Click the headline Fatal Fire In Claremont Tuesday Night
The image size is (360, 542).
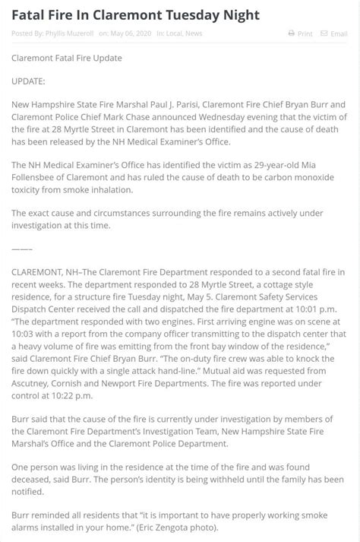click(x=136, y=15)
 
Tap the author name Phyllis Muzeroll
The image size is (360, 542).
click(x=71, y=33)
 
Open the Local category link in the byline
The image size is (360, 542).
click(x=174, y=33)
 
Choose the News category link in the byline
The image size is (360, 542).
click(x=194, y=33)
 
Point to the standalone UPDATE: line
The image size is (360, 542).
click(x=28, y=81)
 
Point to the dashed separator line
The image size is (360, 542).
click(x=22, y=248)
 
